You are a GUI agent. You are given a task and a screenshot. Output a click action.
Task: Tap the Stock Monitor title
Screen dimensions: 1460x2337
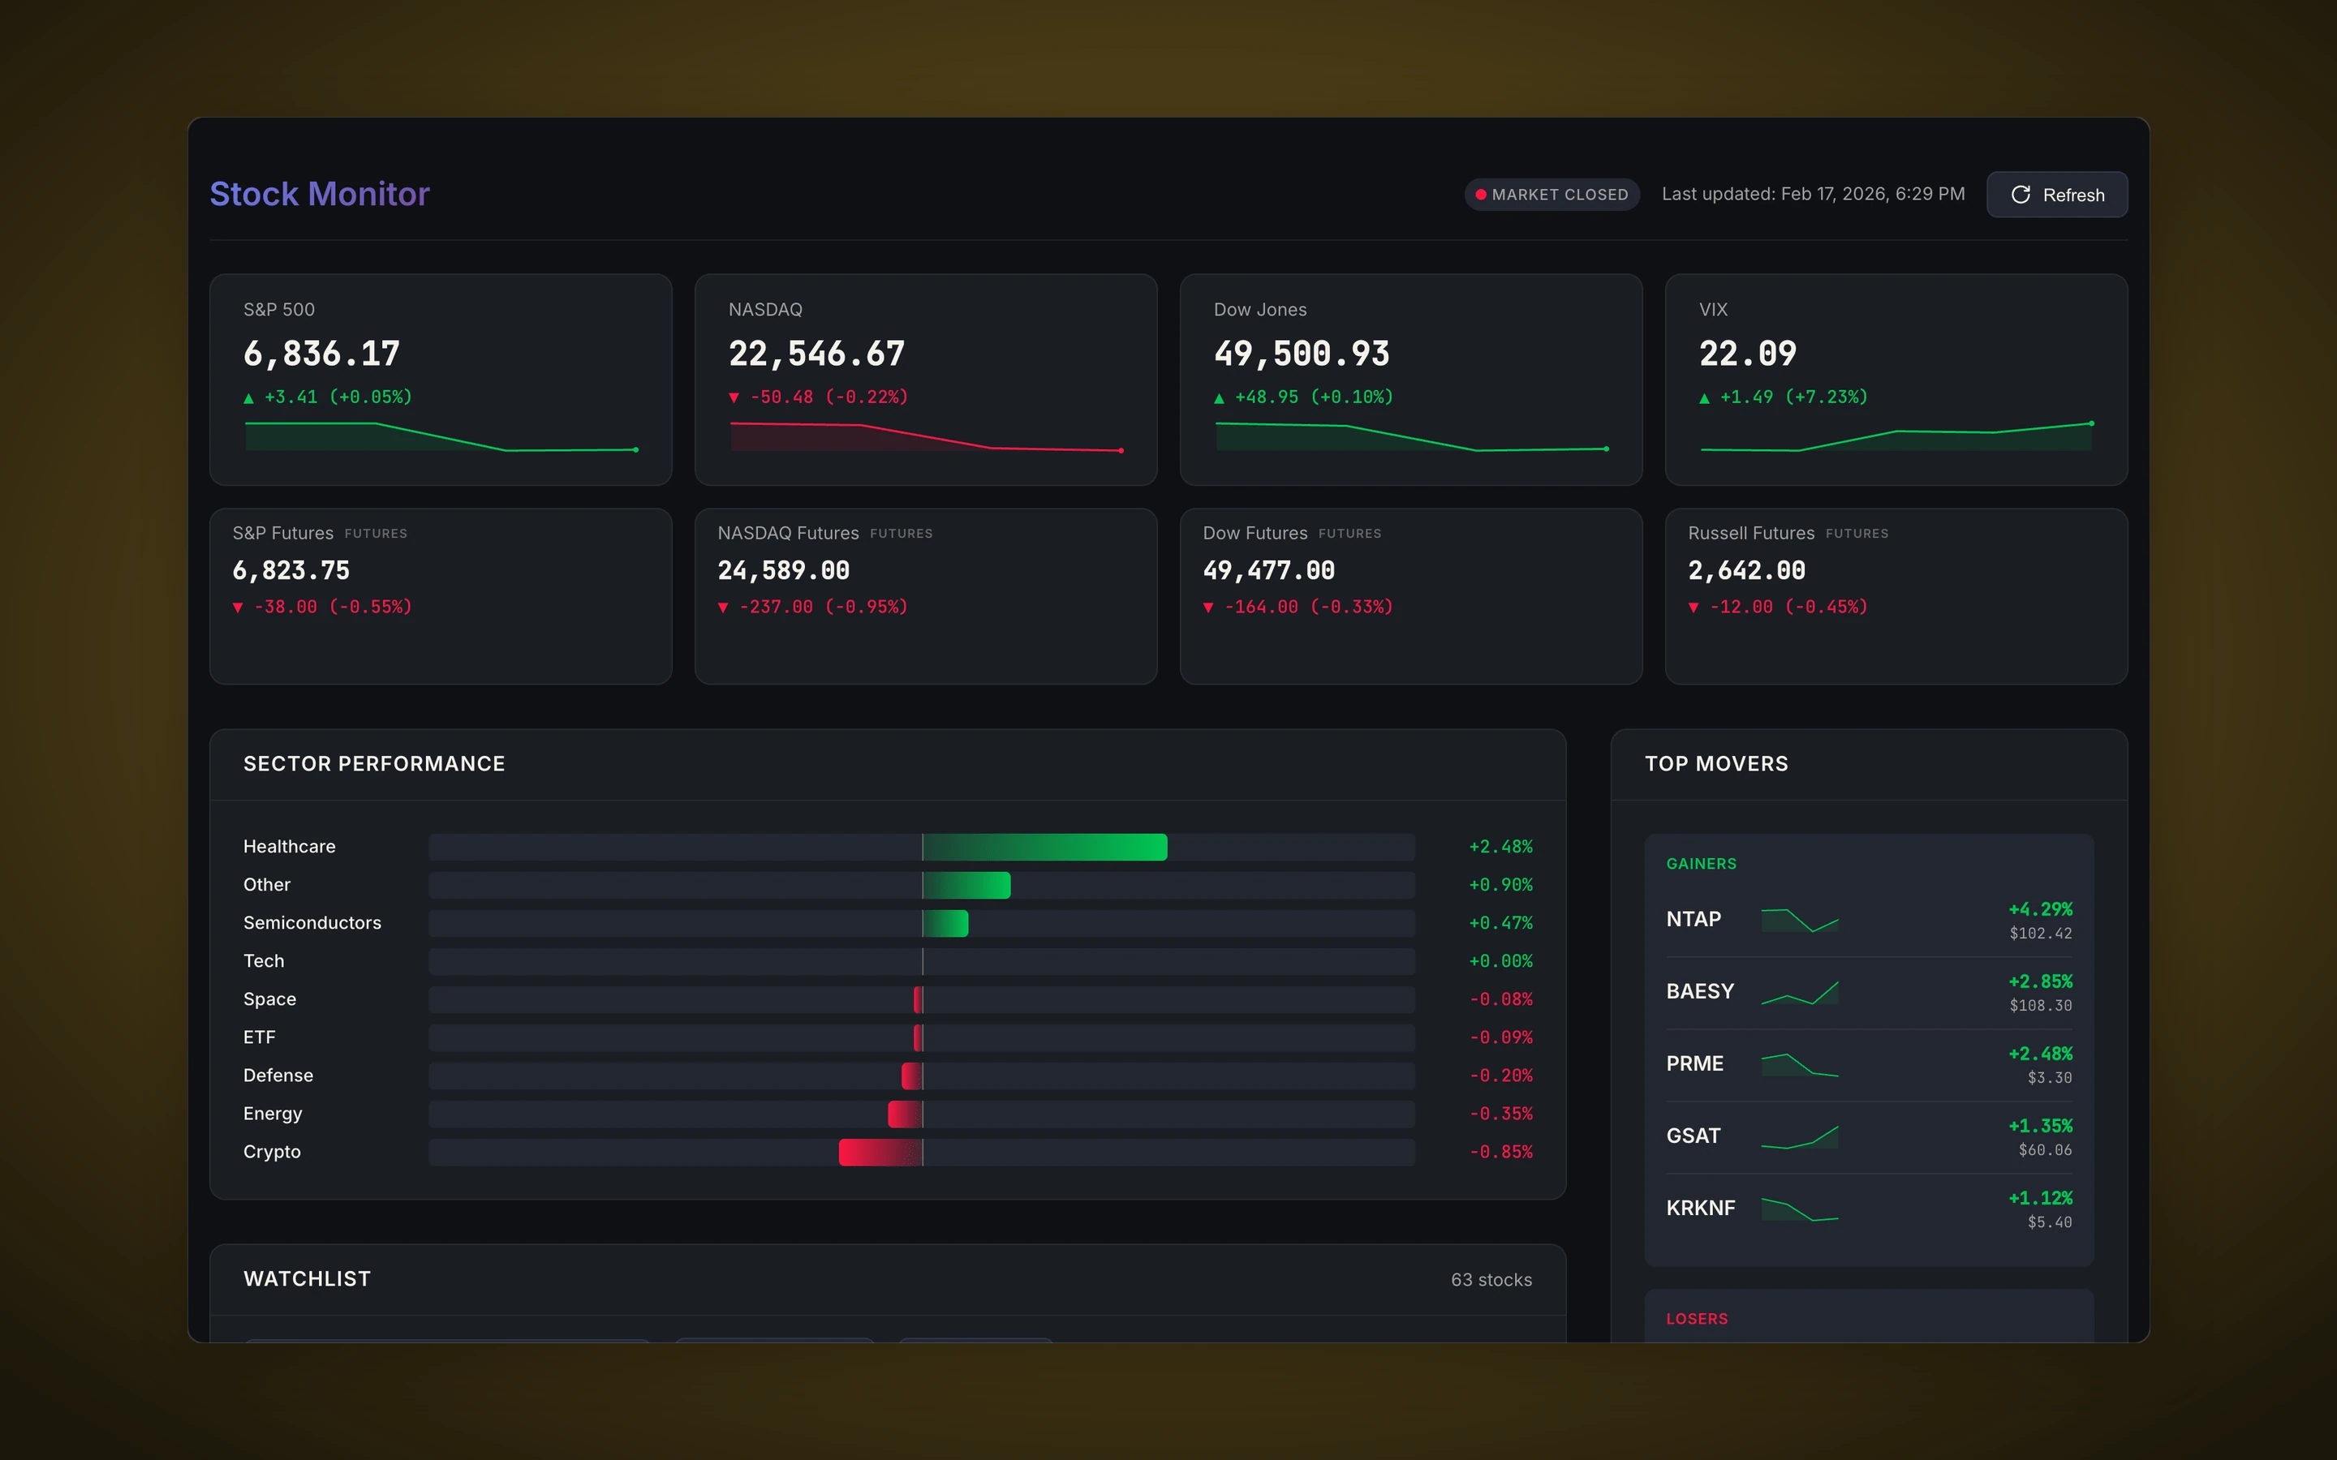320,194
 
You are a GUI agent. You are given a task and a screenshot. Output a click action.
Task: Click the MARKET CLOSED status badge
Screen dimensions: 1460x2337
1551,194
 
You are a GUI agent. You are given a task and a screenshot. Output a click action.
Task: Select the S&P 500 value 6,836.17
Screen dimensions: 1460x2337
321,354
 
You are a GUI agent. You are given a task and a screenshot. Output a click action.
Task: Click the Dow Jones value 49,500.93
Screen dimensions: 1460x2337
1301,354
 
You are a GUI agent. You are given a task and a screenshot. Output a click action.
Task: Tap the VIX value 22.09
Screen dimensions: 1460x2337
1747,354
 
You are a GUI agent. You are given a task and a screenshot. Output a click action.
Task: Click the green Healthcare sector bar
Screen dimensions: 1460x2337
1045,847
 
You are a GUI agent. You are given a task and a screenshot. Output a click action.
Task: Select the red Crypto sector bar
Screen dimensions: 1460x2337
880,1152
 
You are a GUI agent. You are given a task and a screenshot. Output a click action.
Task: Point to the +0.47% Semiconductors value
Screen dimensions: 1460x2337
1500,923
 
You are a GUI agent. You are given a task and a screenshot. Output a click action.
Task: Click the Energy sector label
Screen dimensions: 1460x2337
273,1114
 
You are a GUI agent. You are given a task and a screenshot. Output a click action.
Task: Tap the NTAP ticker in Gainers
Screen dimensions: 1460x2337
1693,919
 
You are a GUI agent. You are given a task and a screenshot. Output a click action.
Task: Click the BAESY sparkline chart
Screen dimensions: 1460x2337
1799,992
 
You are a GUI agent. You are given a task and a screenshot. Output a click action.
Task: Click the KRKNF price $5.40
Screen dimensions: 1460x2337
2049,1222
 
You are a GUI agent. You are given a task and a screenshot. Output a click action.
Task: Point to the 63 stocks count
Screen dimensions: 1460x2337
1490,1279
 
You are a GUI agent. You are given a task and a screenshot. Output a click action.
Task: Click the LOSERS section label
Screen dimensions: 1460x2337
1697,1318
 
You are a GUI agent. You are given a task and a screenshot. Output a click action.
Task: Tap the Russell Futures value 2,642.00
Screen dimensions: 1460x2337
1746,571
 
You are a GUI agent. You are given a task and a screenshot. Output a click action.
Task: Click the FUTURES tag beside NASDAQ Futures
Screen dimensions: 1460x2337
900,533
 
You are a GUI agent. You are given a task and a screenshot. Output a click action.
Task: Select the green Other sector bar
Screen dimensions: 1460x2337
966,886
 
